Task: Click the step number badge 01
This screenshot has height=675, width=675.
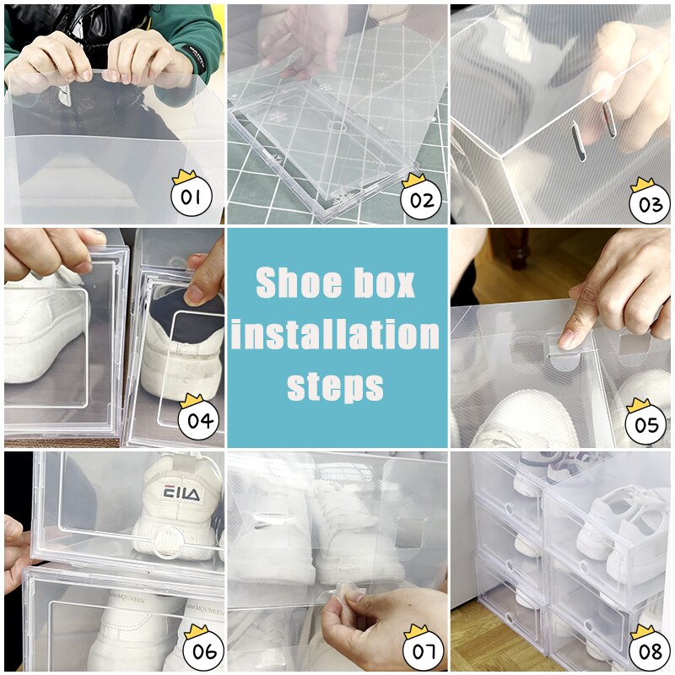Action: tap(192, 199)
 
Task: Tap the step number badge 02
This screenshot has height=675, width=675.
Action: tap(421, 201)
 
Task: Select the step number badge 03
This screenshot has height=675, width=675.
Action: tap(649, 203)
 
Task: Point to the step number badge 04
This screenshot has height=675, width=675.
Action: tap(199, 421)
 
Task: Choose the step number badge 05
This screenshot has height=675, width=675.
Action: tap(646, 424)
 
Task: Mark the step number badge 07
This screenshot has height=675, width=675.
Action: tap(423, 652)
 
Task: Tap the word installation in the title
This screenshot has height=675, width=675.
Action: tap(336, 335)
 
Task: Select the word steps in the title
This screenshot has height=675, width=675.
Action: tap(336, 386)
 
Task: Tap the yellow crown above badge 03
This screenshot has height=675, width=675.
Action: tap(642, 183)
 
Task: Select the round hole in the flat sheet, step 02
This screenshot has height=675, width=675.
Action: tap(338, 127)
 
